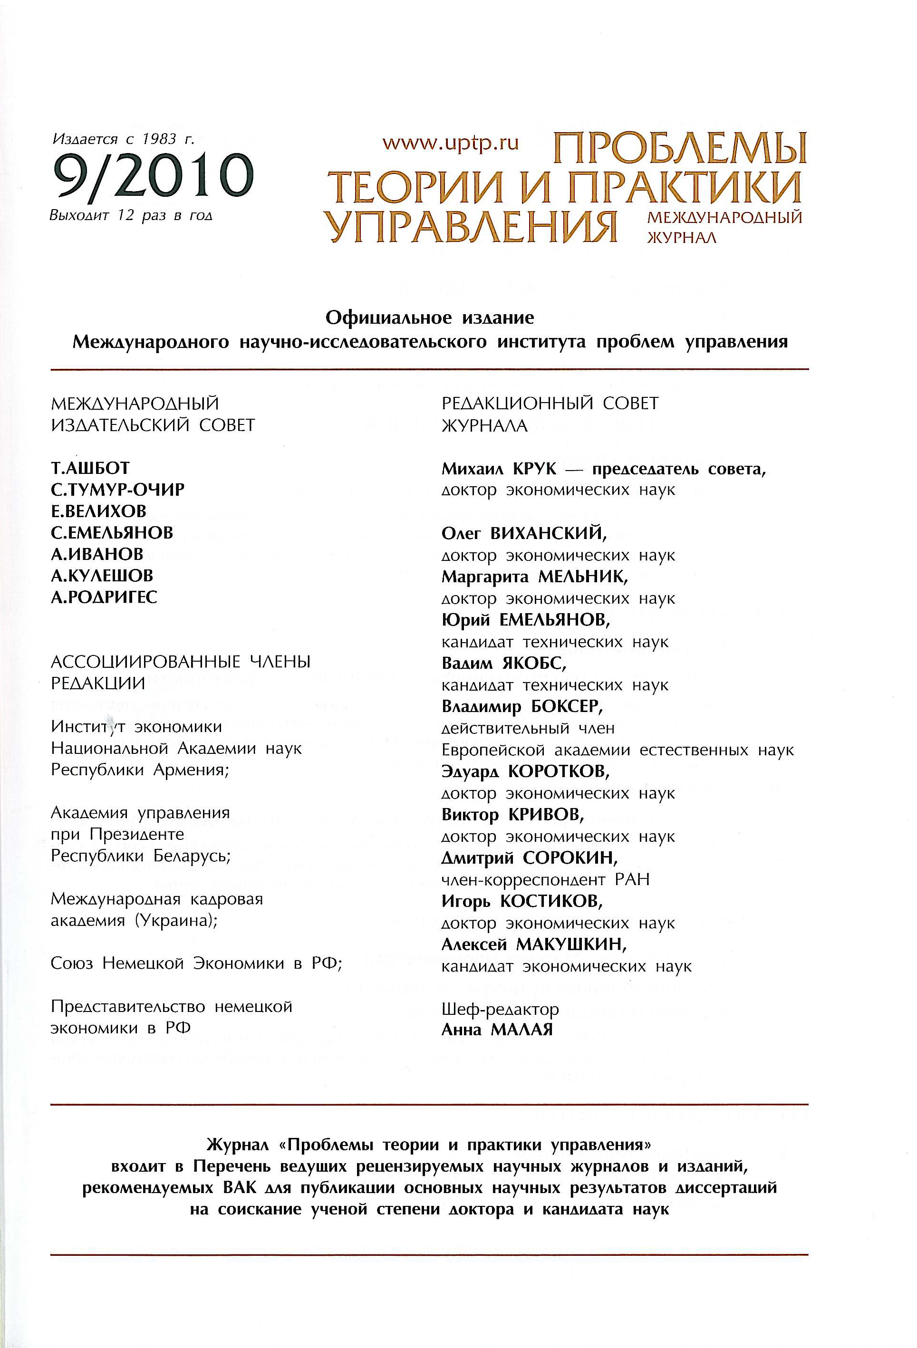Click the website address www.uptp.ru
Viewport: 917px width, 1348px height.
(x=450, y=143)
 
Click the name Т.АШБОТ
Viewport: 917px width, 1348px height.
(x=90, y=468)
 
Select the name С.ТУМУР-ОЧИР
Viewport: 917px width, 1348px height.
(x=118, y=490)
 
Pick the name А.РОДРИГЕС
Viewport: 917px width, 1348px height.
(x=105, y=597)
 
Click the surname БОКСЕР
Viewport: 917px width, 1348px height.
(x=566, y=706)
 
